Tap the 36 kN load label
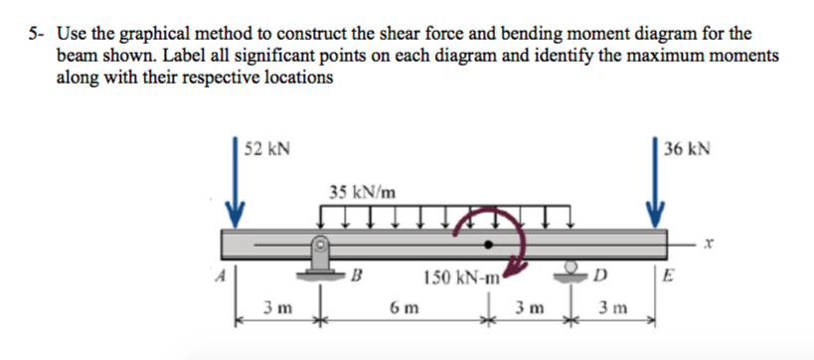tap(688, 149)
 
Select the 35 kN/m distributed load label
tap(360, 190)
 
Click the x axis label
tap(708, 242)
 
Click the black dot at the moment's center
tap(488, 243)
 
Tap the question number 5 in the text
tap(33, 32)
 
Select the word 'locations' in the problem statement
tap(295, 78)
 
